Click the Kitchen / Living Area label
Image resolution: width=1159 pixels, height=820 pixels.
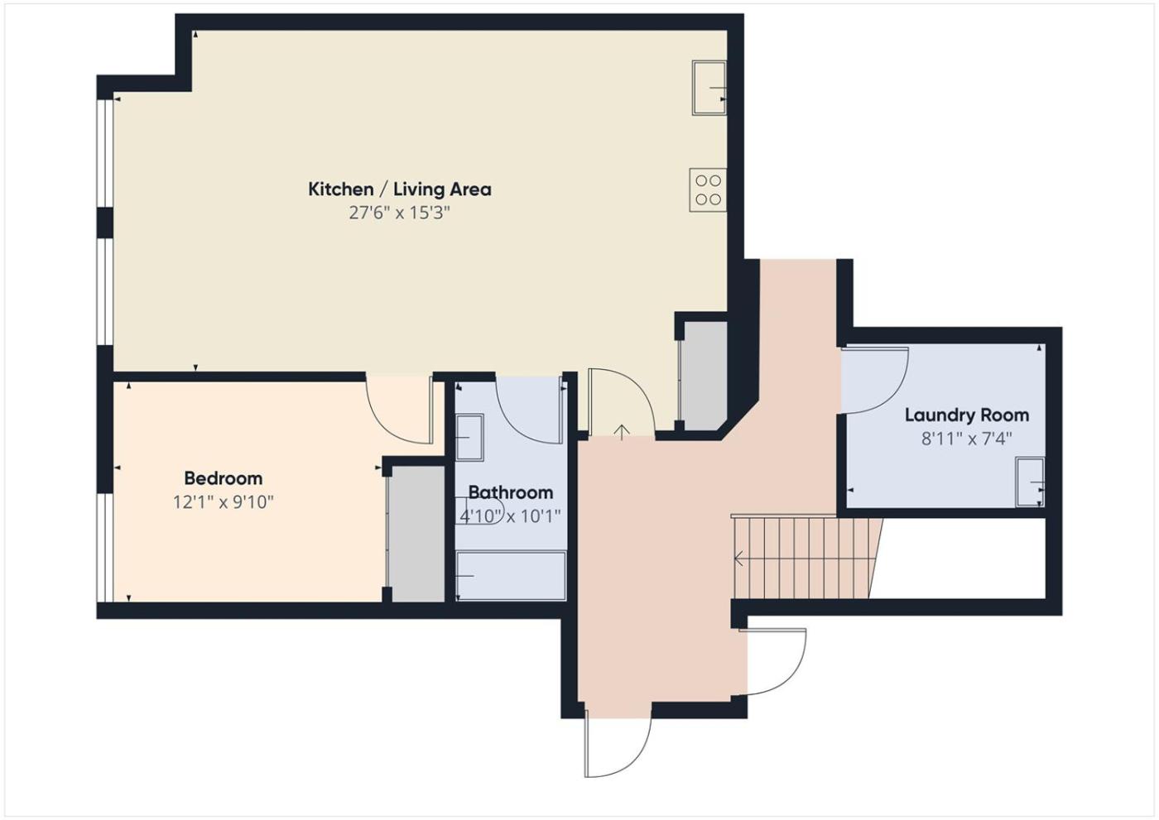coord(399,189)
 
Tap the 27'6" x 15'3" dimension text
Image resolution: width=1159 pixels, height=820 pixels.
coord(399,213)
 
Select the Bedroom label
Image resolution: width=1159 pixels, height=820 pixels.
coord(223,478)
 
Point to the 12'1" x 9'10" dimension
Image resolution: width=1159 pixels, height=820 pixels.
coord(223,502)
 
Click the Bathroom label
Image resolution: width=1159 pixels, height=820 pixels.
coord(511,492)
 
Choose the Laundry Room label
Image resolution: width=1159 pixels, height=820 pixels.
coord(967,415)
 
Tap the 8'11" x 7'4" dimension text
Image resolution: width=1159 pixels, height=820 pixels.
coord(967,439)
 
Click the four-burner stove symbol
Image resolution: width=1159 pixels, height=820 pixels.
coord(708,189)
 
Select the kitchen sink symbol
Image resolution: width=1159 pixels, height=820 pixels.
coord(709,88)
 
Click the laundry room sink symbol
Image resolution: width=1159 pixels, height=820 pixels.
coord(1030,482)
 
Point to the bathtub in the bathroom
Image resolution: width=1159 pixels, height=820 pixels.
coord(511,576)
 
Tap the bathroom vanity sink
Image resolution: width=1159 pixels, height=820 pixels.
coord(469,438)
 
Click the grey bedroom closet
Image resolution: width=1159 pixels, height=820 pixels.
coord(416,534)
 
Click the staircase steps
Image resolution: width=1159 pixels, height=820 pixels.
coord(806,559)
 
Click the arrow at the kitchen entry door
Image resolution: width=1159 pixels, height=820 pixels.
coord(622,432)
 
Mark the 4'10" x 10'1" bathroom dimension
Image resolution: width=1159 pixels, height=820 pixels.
coord(510,516)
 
